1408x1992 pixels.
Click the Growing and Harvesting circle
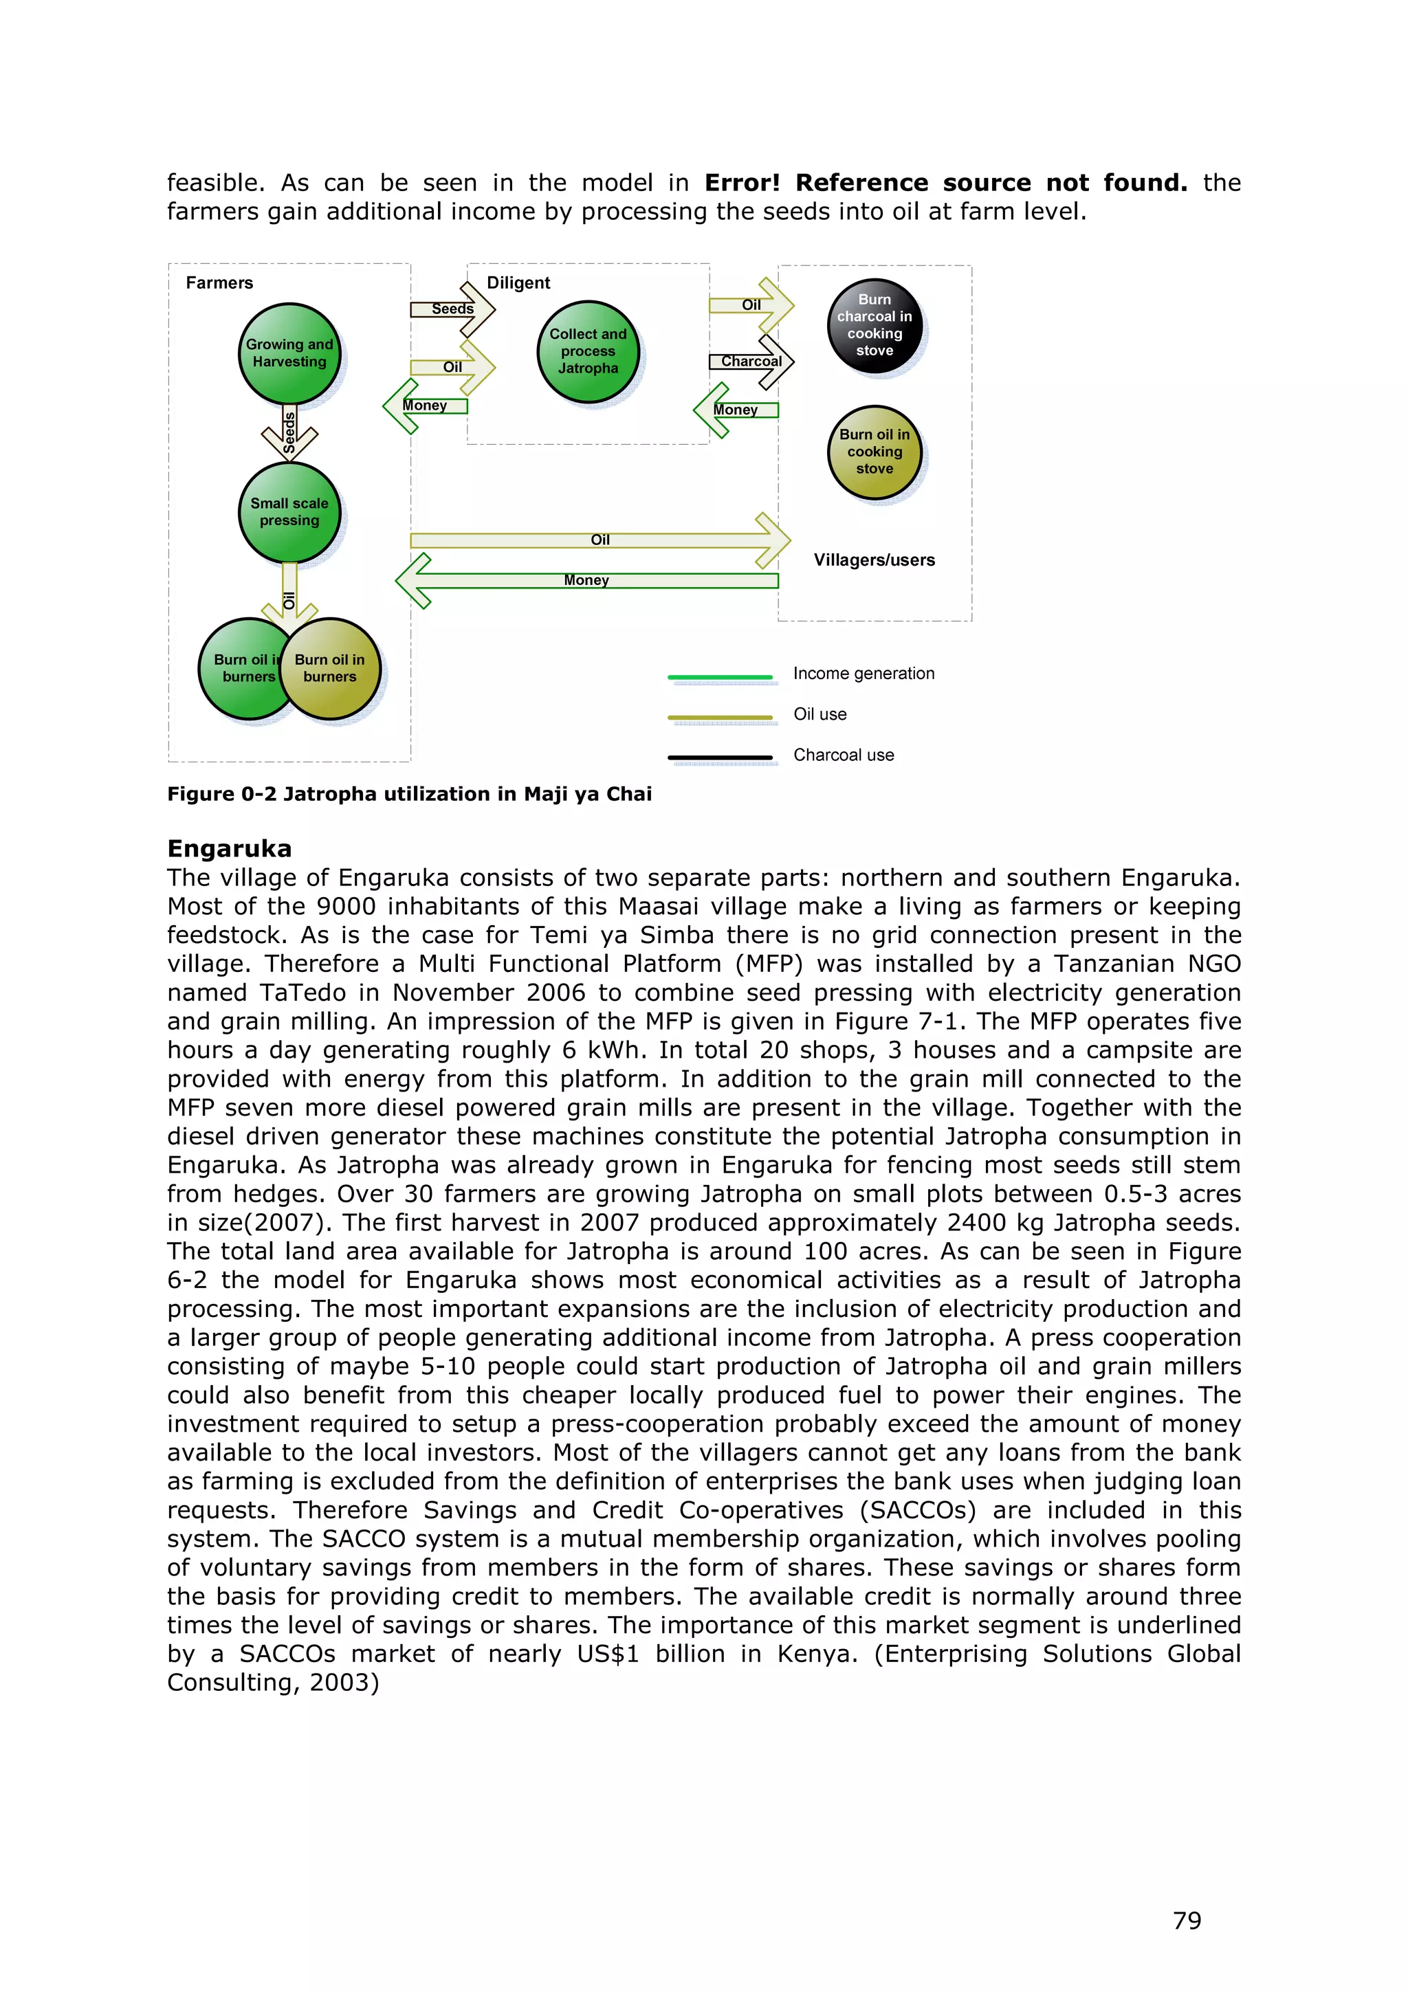pyautogui.click(x=289, y=353)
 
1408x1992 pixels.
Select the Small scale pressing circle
pyautogui.click(x=289, y=512)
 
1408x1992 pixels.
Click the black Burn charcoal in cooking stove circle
pyautogui.click(x=874, y=325)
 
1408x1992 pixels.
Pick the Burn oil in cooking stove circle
pyautogui.click(x=874, y=452)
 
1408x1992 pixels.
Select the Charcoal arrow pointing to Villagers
pyautogui.click(x=751, y=362)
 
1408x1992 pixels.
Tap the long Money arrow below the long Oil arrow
pyautogui.click(x=586, y=580)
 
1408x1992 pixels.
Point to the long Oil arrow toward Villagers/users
pyautogui.click(x=600, y=540)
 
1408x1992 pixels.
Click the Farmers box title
pyautogui.click(x=219, y=283)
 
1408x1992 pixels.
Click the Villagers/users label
pyautogui.click(x=874, y=560)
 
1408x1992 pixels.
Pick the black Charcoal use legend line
pyautogui.click(x=719, y=757)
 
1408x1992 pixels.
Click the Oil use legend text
pyautogui.click(x=819, y=714)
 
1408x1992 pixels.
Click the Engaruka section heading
pyautogui.click(x=230, y=848)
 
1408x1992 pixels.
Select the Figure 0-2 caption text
pyautogui.click(x=410, y=794)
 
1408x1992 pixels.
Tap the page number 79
pyautogui.click(x=1187, y=1921)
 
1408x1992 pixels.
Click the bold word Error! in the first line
pyautogui.click(x=742, y=183)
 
